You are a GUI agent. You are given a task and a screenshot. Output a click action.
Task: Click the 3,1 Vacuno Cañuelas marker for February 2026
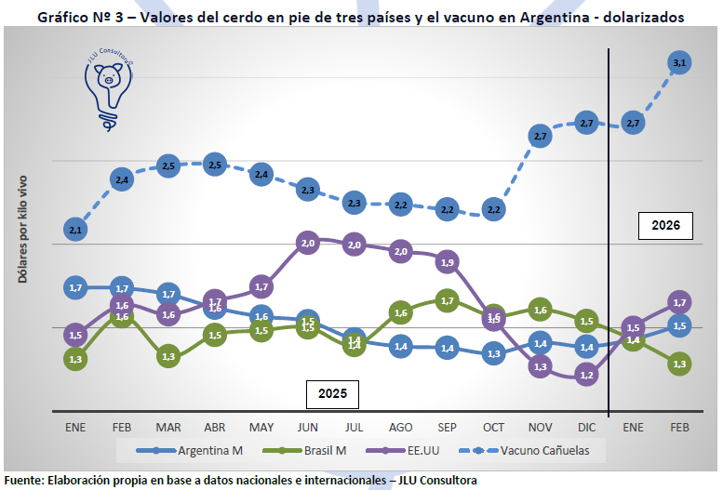(679, 62)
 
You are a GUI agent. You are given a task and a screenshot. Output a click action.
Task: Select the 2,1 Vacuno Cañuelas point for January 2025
(75, 229)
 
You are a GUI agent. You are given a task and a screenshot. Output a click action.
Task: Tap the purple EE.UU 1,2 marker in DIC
(586, 375)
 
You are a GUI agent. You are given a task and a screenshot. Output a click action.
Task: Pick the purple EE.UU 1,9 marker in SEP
(447, 262)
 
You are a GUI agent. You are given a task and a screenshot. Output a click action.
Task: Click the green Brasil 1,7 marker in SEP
(447, 300)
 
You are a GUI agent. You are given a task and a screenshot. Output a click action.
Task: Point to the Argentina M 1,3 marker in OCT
(493, 353)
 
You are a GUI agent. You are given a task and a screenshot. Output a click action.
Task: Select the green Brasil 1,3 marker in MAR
(168, 355)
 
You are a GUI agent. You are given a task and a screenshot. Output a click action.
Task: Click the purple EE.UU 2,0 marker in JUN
(308, 243)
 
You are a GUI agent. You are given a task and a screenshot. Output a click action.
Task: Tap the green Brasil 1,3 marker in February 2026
(679, 364)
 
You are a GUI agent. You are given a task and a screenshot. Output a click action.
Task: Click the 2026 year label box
(666, 225)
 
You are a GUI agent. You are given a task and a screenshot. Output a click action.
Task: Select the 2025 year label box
(332, 393)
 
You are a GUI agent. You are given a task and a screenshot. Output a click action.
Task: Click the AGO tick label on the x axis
(401, 427)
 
